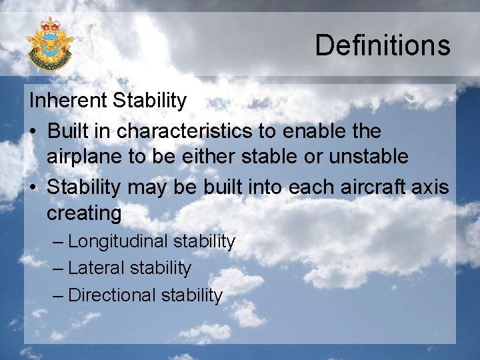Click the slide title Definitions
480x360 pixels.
click(383, 45)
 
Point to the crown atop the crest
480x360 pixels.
click(50, 25)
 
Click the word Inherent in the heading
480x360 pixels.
click(69, 101)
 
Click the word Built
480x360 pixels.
click(71, 131)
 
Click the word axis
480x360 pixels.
click(432, 187)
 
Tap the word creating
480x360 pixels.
click(84, 214)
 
